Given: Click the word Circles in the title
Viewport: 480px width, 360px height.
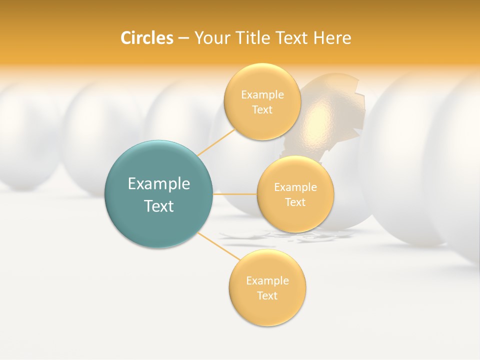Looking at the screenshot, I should point(146,38).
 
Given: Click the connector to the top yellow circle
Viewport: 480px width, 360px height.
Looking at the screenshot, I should point(216,142).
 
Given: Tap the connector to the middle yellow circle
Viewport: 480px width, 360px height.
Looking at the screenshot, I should point(235,193).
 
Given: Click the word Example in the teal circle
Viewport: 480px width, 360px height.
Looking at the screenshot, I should point(158,184).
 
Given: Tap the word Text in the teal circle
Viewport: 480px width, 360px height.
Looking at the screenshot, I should point(158,206).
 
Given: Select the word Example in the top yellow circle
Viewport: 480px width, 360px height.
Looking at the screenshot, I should point(262,94).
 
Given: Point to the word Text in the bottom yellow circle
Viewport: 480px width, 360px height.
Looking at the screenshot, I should point(267,295).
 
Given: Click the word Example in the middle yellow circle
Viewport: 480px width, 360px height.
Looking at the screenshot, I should point(295,187).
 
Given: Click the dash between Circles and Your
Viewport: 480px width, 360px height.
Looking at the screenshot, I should point(183,38).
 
